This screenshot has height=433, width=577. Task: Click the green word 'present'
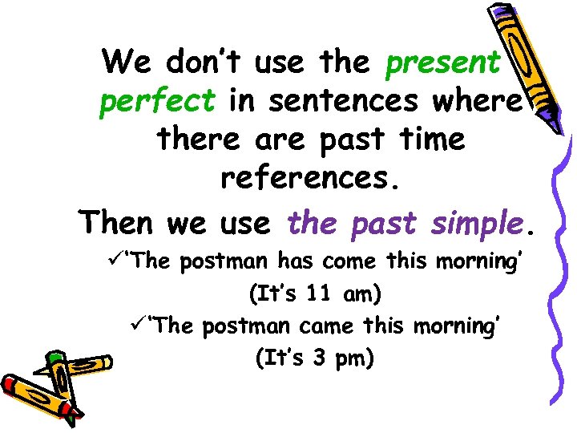443,62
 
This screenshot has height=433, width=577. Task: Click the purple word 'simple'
475,221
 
